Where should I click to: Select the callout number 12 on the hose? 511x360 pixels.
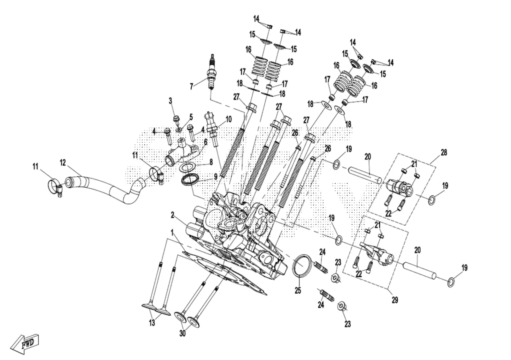63,163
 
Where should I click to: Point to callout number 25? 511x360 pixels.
298,290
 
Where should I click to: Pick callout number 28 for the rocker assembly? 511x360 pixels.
444,153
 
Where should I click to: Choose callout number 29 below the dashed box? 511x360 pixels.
395,300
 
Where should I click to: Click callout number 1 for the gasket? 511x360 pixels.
172,233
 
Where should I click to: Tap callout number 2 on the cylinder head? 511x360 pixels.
173,215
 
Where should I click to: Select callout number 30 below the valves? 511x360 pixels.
182,334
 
